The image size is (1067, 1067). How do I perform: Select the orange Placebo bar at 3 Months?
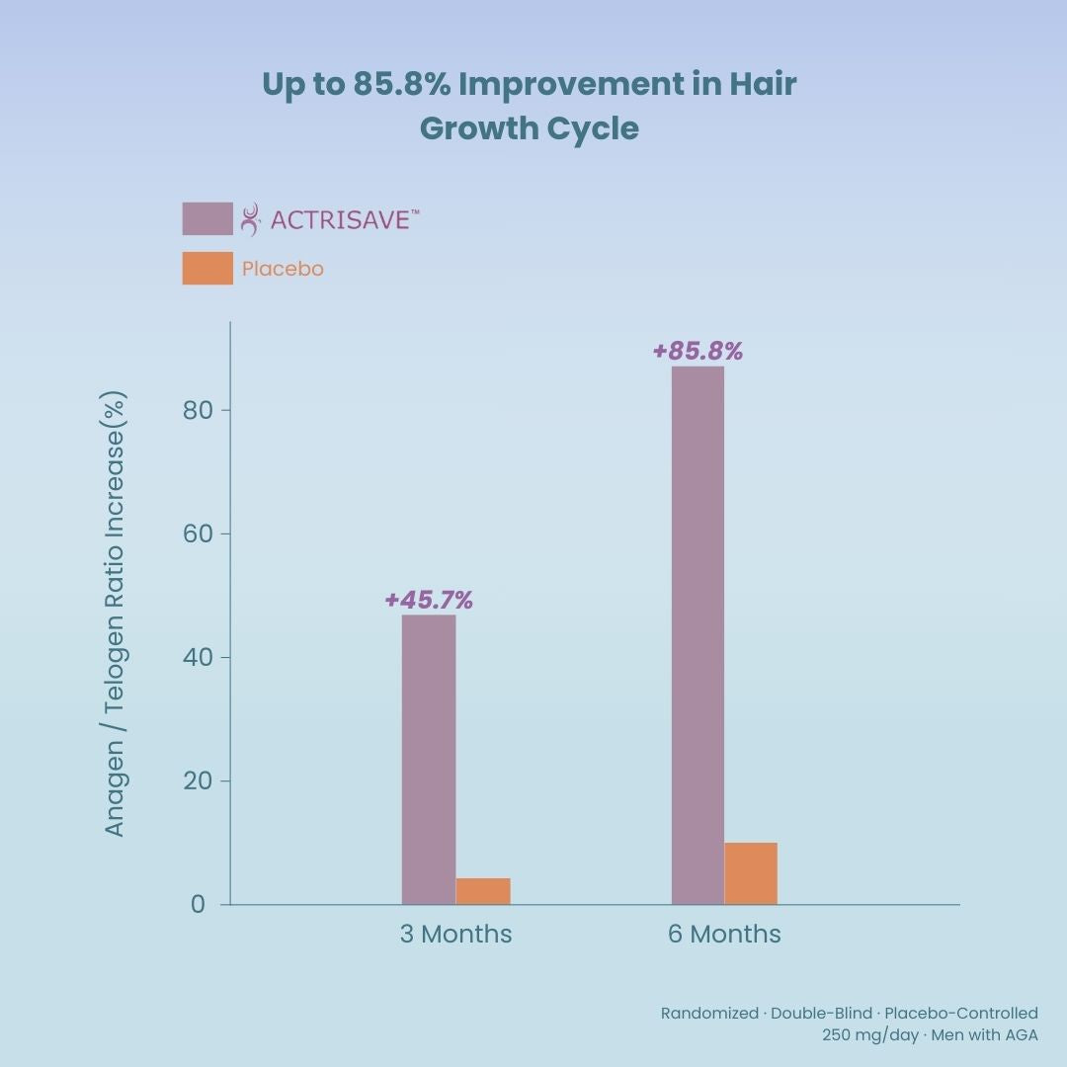point(483,891)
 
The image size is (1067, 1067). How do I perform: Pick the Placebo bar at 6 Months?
point(751,873)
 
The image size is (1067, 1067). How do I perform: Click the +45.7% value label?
point(429,600)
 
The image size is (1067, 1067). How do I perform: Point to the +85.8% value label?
point(698,351)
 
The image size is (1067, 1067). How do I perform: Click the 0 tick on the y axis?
point(199,904)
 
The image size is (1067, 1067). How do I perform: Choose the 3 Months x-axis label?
point(455,935)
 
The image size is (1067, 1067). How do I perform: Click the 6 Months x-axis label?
point(724,935)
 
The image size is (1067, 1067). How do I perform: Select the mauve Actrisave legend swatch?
point(207,218)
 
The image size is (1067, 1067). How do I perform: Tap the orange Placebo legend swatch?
point(207,268)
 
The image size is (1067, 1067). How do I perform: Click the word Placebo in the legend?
point(283,269)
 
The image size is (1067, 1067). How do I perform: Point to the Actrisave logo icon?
point(251,218)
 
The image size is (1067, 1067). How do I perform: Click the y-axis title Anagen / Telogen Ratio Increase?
point(116,615)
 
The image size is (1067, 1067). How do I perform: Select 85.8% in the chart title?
point(400,85)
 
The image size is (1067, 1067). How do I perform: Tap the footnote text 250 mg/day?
point(869,1034)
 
